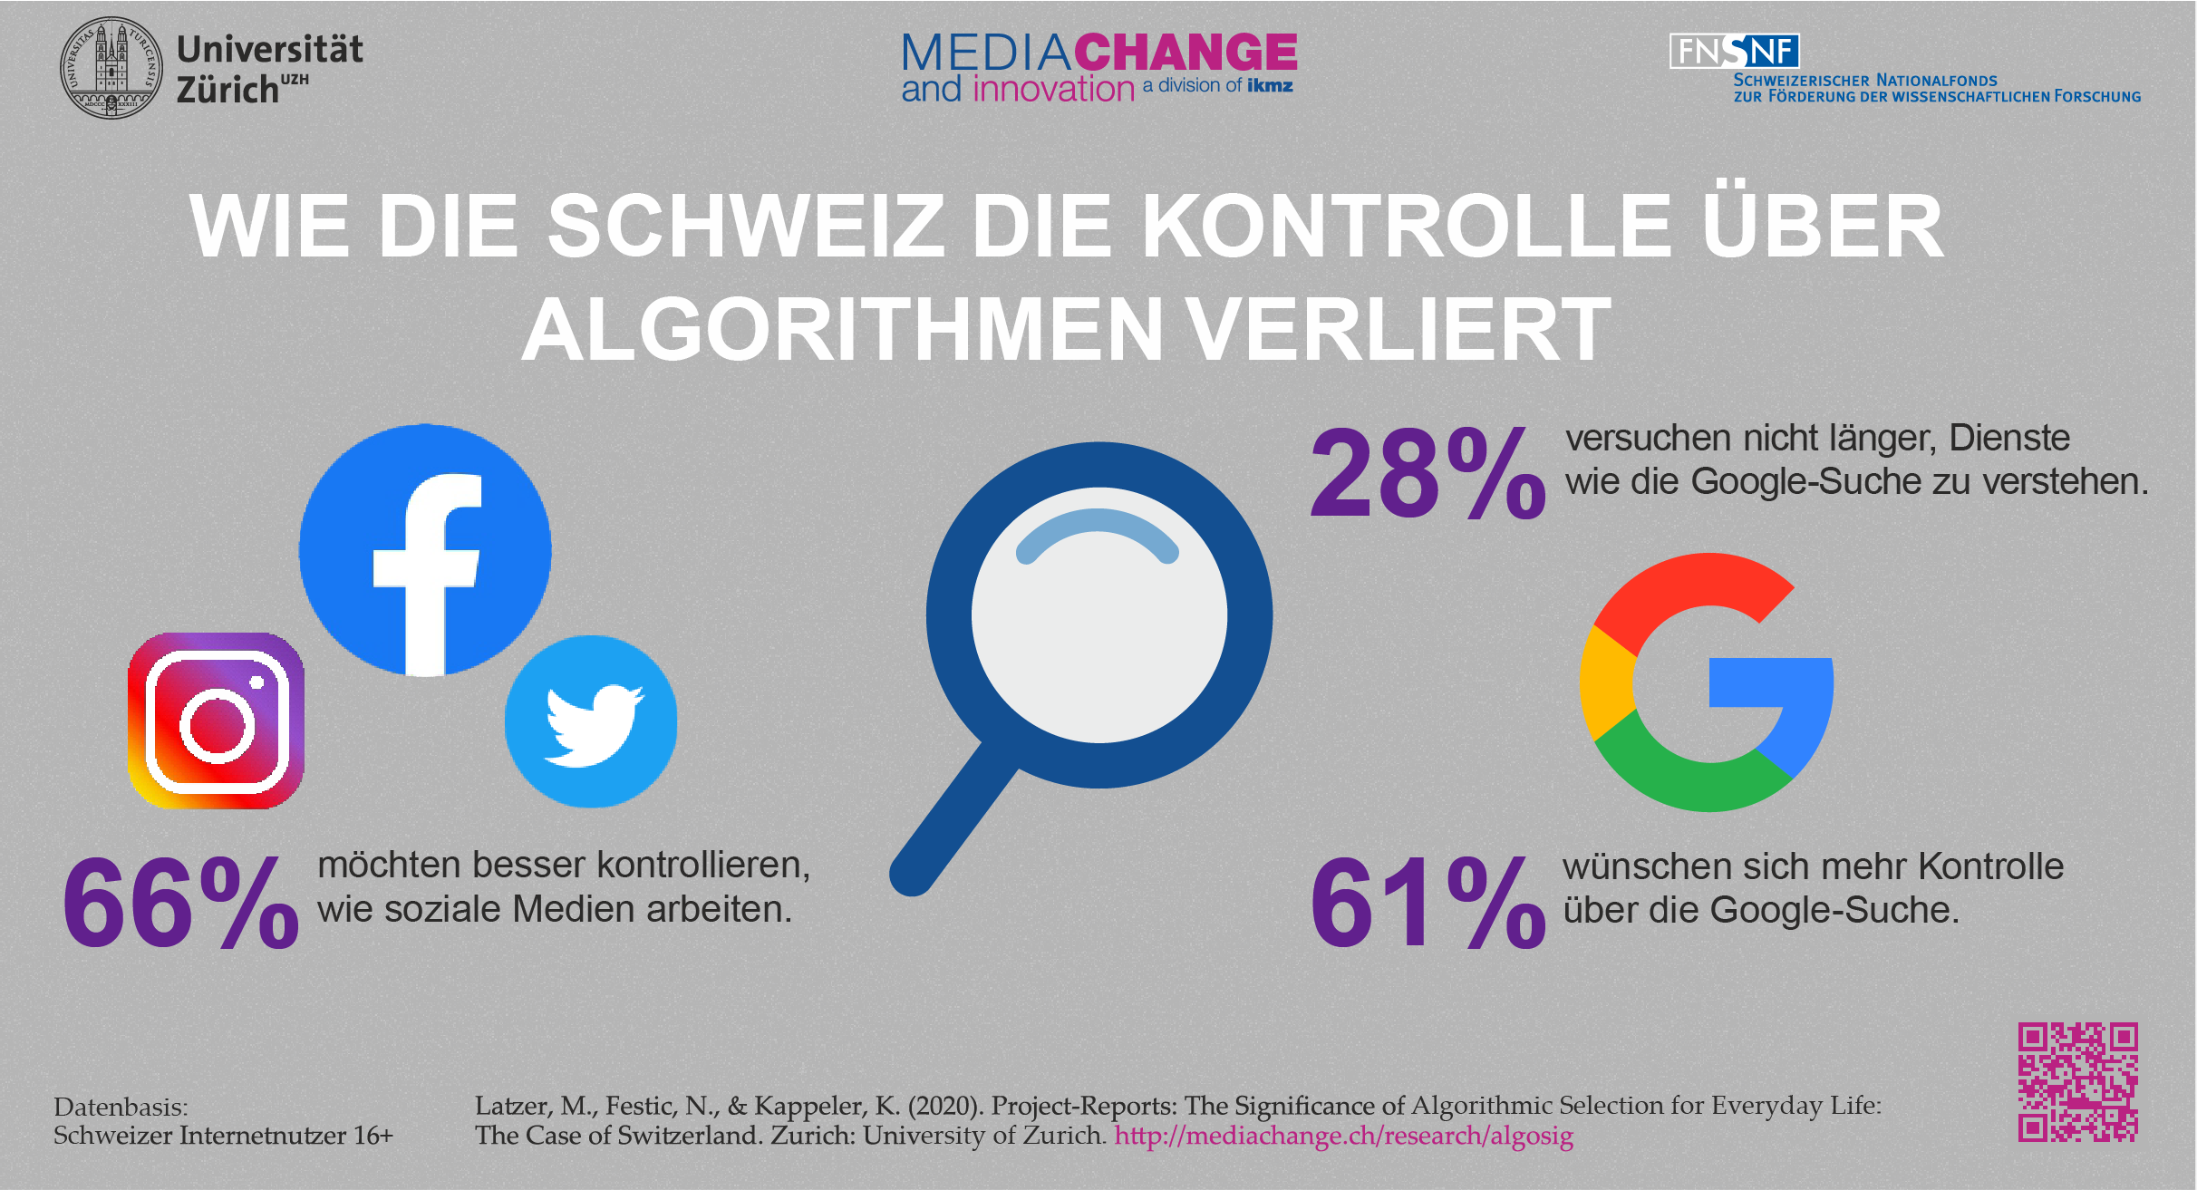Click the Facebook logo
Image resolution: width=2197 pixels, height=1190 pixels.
pyautogui.click(x=425, y=550)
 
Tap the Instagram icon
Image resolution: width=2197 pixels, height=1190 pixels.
pyautogui.click(x=217, y=721)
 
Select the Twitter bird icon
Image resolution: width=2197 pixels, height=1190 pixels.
pyautogui.click(x=591, y=721)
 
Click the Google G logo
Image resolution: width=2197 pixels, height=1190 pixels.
pyautogui.click(x=1707, y=682)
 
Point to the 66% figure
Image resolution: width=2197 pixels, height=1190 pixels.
pyautogui.click(x=179, y=904)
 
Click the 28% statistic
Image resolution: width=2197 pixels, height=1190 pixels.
pyautogui.click(x=1428, y=474)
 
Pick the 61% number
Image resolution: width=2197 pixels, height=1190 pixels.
pyautogui.click(x=1428, y=904)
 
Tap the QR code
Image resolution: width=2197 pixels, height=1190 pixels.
pyautogui.click(x=2077, y=1081)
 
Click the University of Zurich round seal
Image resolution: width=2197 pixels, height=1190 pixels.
pyautogui.click(x=111, y=68)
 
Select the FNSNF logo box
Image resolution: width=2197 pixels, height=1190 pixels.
pyautogui.click(x=1734, y=51)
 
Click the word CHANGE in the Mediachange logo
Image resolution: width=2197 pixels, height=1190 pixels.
pyautogui.click(x=1186, y=53)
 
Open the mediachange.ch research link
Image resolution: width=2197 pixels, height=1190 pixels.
pyautogui.click(x=1343, y=1136)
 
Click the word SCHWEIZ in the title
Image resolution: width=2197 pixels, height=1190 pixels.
pyautogui.click(x=746, y=226)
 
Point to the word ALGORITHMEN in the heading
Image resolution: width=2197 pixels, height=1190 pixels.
pyautogui.click(x=842, y=330)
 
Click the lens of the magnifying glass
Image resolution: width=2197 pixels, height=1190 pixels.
pyautogui.click(x=1098, y=615)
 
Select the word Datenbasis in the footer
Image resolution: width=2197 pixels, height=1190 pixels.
pyautogui.click(x=121, y=1107)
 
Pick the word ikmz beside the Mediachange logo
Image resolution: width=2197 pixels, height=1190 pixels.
pyautogui.click(x=1270, y=86)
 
